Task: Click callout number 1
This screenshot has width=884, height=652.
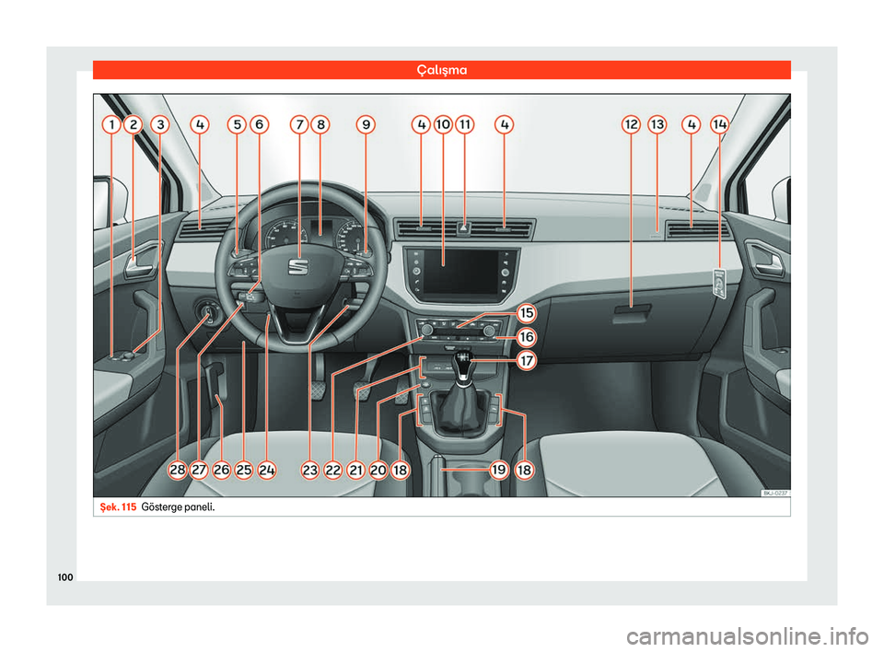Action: pos(111,124)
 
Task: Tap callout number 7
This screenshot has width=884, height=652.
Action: pos(299,124)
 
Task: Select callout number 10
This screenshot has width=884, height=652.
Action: pos(443,124)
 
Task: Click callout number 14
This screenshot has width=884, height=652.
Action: pos(720,124)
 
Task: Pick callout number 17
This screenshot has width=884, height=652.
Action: pos(527,360)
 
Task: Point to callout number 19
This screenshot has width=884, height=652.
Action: pos(499,470)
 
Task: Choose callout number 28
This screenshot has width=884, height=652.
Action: pos(178,470)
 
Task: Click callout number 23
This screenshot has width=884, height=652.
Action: pos(310,470)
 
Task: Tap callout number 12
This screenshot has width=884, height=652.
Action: pos(632,124)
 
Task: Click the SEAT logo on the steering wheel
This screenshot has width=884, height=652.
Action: pos(298,267)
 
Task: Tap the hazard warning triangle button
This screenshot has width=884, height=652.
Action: pos(464,227)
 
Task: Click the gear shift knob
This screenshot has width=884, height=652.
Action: pos(463,366)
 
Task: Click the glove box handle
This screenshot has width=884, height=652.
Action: pos(632,312)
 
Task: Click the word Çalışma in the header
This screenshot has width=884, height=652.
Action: pos(442,70)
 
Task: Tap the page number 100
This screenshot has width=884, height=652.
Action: pos(65,577)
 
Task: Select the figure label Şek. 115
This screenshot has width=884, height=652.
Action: pos(118,506)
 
